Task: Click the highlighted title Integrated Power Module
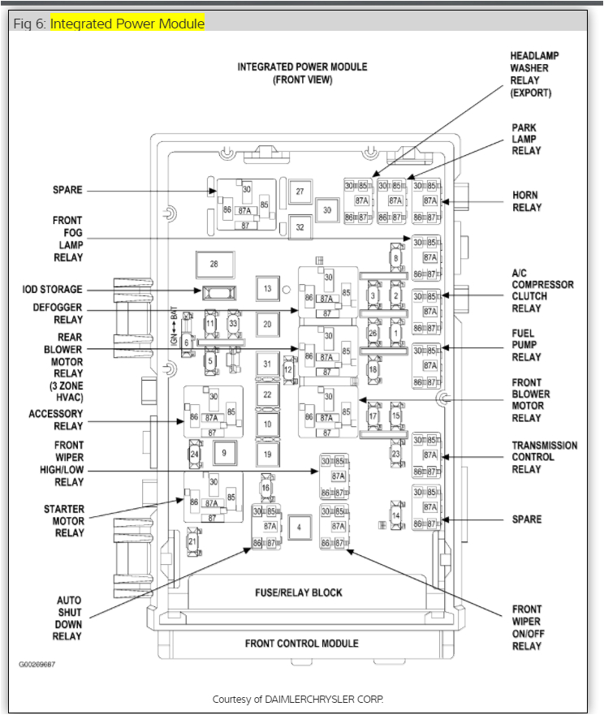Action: click(127, 24)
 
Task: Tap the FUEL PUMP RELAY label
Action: click(526, 345)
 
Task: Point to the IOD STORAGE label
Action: click(52, 290)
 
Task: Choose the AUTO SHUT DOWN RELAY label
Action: click(68, 618)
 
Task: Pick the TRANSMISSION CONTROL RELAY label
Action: click(544, 457)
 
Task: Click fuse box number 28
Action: click(214, 265)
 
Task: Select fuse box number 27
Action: click(300, 192)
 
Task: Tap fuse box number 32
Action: click(300, 227)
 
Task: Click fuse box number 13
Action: click(267, 288)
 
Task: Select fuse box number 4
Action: click(299, 528)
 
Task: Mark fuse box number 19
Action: click(267, 454)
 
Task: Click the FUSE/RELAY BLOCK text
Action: click(299, 592)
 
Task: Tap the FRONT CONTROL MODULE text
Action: click(302, 644)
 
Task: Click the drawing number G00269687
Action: click(38, 664)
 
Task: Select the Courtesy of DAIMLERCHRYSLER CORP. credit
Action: click(297, 699)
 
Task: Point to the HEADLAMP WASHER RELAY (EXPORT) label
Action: click(534, 74)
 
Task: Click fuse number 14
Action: click(396, 515)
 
